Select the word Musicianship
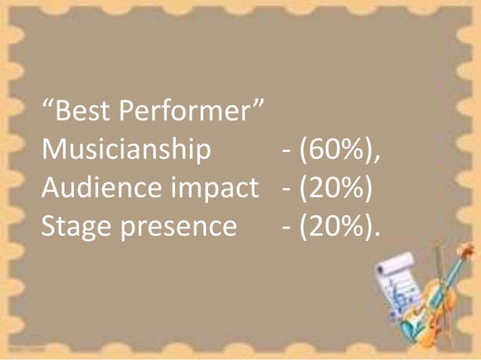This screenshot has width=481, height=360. click(x=126, y=151)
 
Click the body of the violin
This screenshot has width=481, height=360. click(x=432, y=309)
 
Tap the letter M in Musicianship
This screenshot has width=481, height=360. click(x=54, y=151)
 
